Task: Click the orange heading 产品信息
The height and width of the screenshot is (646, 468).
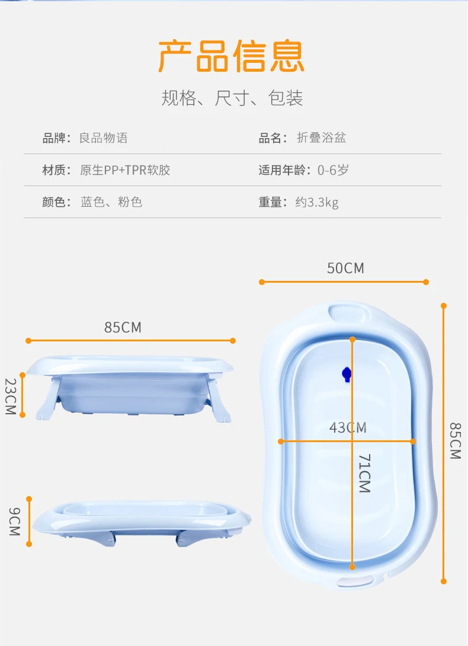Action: [x=231, y=56]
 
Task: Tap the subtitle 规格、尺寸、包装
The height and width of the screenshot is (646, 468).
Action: [x=232, y=98]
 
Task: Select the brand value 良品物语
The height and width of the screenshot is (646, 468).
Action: [x=104, y=139]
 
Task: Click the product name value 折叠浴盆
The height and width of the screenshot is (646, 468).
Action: [x=321, y=139]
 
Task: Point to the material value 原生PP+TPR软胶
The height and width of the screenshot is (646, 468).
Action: [x=125, y=171]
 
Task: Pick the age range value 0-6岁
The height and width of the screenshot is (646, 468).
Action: [x=333, y=171]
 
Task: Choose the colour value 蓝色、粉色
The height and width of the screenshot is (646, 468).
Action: [x=111, y=202]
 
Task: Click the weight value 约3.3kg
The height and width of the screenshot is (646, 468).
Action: [x=317, y=203]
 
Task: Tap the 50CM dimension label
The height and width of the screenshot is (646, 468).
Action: [x=345, y=268]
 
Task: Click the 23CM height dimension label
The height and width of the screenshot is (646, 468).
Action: [x=11, y=396]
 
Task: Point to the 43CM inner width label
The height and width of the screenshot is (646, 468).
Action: [x=348, y=427]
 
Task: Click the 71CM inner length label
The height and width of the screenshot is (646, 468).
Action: [x=364, y=474]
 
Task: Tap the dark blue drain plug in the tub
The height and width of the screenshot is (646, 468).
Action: [x=347, y=374]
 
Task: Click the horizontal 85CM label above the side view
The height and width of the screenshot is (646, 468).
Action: [x=123, y=327]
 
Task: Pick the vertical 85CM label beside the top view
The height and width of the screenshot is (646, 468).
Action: [x=454, y=440]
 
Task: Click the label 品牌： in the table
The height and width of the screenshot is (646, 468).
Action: [x=56, y=139]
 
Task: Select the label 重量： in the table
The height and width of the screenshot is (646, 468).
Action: [x=273, y=203]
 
